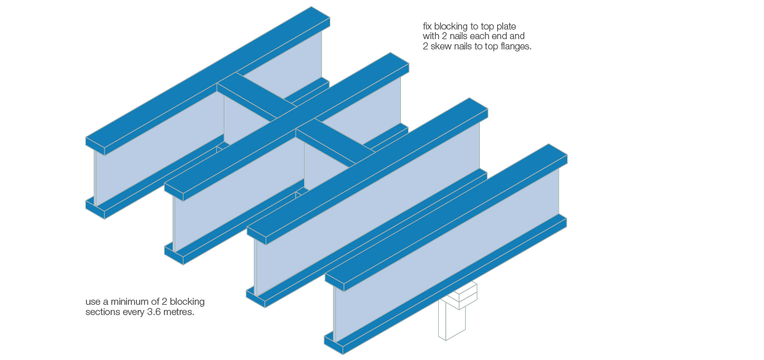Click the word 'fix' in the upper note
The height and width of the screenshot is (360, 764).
click(x=427, y=26)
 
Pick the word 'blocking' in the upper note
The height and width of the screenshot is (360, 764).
click(x=450, y=26)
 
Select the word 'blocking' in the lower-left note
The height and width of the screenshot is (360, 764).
click(x=189, y=302)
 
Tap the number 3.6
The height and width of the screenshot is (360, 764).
click(x=154, y=313)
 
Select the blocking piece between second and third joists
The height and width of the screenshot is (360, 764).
click(x=335, y=142)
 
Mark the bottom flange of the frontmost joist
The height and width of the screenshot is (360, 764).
click(x=446, y=285)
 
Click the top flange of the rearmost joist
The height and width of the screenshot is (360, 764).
click(x=208, y=80)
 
